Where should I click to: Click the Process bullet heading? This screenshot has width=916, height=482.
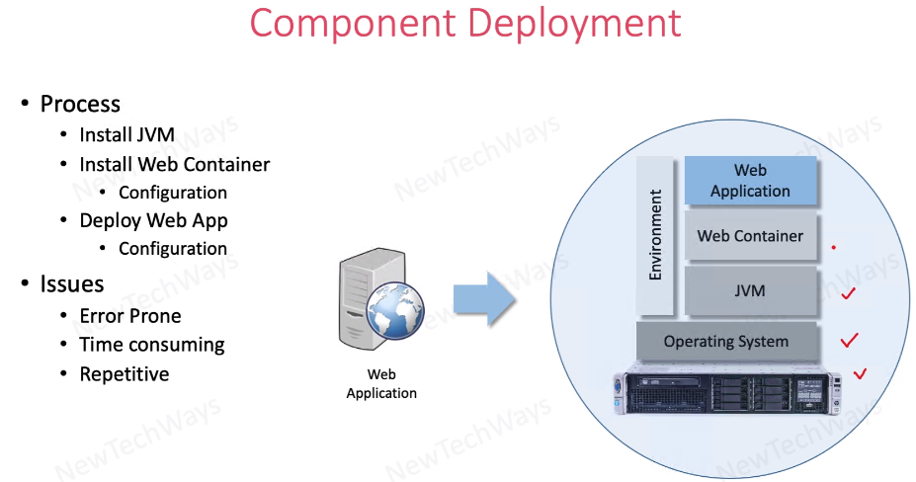[x=80, y=104]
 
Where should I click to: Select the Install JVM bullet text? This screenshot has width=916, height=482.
[x=129, y=135]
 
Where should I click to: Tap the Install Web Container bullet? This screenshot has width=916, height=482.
[x=175, y=164]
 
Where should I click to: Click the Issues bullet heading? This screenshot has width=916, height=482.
[x=72, y=284]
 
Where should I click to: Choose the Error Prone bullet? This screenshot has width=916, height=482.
[x=130, y=316]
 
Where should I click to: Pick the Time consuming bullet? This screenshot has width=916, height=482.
[x=152, y=345]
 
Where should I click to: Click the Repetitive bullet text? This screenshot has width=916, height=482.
[x=125, y=374]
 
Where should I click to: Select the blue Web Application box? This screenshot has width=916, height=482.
[x=750, y=180]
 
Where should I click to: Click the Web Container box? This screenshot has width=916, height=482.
[x=750, y=236]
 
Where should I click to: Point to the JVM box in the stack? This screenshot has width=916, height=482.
[x=750, y=291]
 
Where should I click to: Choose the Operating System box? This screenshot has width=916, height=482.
[x=726, y=342]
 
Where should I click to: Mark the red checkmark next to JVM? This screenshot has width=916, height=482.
[x=847, y=293]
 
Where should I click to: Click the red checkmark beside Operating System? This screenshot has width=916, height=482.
[x=848, y=341]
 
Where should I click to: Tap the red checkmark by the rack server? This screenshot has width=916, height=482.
[x=859, y=373]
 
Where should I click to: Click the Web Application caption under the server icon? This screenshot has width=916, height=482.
[x=381, y=383]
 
